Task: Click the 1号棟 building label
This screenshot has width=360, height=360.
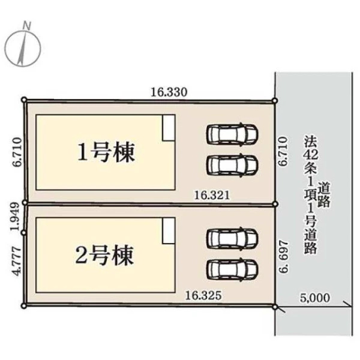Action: (x=106, y=152)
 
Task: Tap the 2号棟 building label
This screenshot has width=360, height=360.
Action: (x=104, y=255)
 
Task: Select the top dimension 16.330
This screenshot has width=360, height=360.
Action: (x=169, y=92)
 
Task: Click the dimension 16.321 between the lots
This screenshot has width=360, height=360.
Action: (x=212, y=196)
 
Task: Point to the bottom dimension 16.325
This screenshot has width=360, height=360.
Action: (x=203, y=295)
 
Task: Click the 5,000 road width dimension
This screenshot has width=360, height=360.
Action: (x=315, y=298)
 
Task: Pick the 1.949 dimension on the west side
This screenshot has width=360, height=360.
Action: (x=16, y=216)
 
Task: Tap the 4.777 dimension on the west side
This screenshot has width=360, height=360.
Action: (x=17, y=261)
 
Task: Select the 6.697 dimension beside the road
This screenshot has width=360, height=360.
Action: (x=284, y=256)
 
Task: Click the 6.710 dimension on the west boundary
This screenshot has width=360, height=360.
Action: (x=17, y=152)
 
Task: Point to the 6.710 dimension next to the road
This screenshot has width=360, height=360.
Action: (x=283, y=151)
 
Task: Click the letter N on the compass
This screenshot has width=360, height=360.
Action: (x=28, y=25)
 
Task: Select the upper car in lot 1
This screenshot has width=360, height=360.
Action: (x=232, y=134)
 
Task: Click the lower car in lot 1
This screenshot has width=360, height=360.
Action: (x=232, y=166)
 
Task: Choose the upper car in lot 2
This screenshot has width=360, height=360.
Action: (x=232, y=238)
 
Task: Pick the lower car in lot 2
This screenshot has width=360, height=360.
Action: (x=232, y=269)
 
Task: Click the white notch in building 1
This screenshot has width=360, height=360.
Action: (x=169, y=128)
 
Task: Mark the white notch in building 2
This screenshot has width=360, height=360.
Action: (x=169, y=230)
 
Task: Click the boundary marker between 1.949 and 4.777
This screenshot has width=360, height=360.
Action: (x=23, y=233)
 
